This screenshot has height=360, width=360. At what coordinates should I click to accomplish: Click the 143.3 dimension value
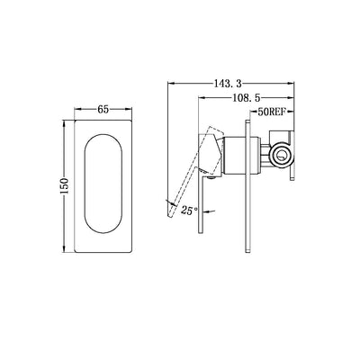click(x=238, y=78)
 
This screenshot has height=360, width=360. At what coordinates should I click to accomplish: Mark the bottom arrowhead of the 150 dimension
click(x=69, y=247)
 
